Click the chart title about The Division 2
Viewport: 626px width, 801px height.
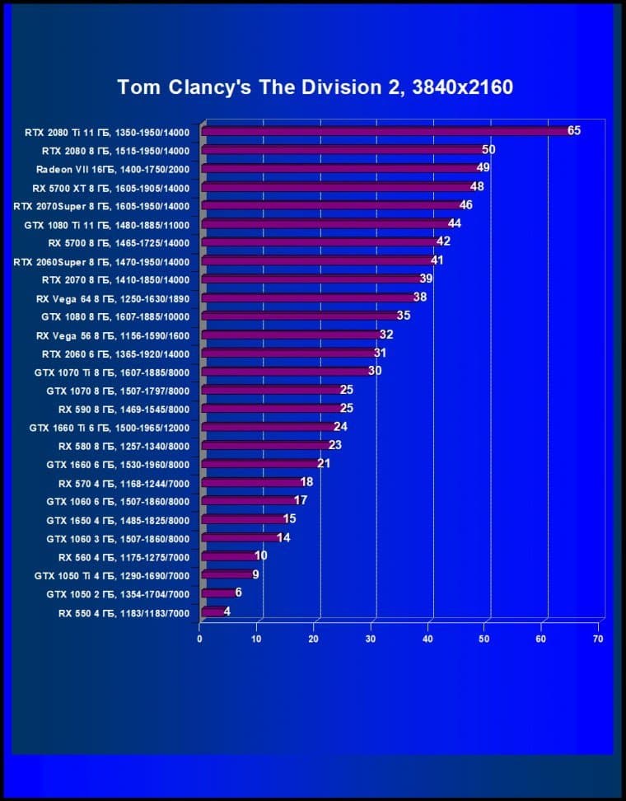[x=315, y=87]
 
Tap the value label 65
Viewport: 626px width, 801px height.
[x=574, y=130]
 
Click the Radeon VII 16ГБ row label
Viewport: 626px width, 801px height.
[x=113, y=169]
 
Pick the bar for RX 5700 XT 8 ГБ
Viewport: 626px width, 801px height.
[x=338, y=187]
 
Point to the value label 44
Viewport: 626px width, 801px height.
[x=454, y=223]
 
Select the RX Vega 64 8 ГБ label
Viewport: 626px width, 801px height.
[x=113, y=298]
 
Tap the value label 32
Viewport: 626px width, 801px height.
[x=385, y=335]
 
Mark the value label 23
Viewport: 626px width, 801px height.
[x=334, y=445]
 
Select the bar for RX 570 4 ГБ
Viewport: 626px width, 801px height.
[x=252, y=483]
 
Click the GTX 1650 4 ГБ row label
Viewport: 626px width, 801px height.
[x=118, y=520]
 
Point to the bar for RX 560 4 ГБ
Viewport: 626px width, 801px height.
[x=229, y=556]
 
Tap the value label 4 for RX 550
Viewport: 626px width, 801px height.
[x=227, y=611]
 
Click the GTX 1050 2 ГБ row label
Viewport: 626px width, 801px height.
[x=118, y=594]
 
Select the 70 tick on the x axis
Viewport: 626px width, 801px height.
[x=598, y=639]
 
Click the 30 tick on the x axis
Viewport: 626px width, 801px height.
[x=371, y=639]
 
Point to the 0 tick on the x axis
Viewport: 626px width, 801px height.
[x=199, y=639]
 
